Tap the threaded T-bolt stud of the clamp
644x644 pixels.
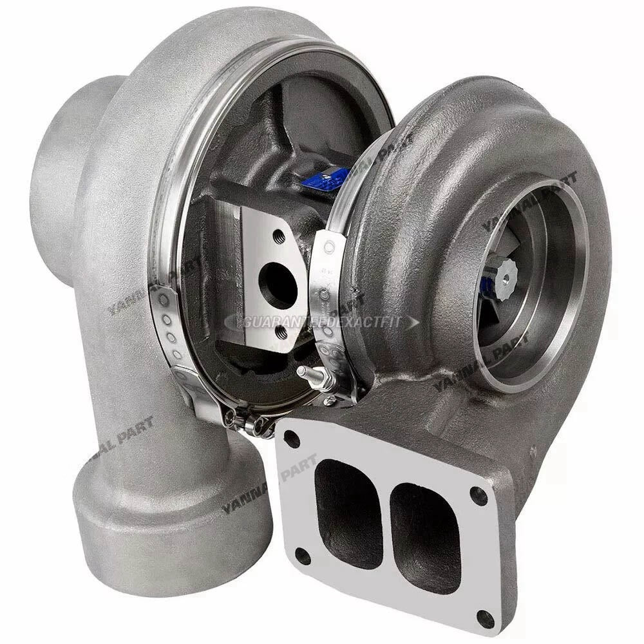pyautogui.click(x=307, y=375)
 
